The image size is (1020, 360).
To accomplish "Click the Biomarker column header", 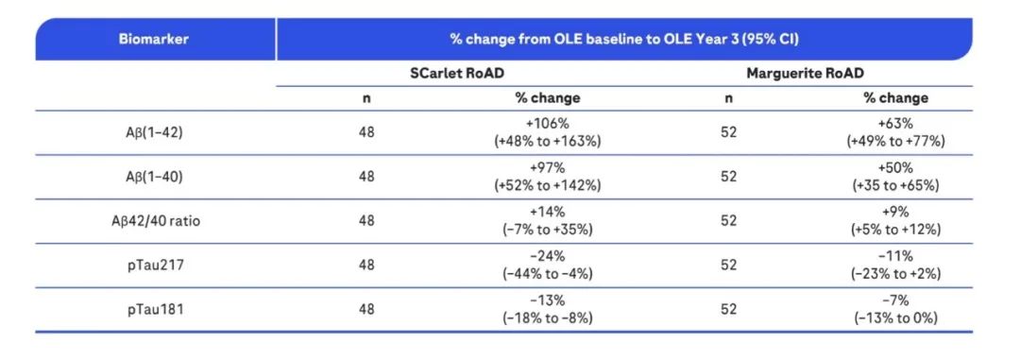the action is [x=154, y=39].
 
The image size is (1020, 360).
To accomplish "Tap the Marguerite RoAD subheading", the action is [x=806, y=74].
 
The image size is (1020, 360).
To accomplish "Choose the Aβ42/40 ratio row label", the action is [x=156, y=221].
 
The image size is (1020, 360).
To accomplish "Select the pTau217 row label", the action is [x=156, y=265].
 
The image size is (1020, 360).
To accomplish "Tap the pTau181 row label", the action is [x=156, y=309].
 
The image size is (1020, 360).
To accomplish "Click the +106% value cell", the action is [x=547, y=124].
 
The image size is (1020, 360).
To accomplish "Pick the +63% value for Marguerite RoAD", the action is [x=895, y=124].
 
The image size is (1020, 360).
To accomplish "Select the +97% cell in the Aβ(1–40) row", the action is [x=547, y=168].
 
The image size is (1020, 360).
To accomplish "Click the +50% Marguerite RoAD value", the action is [x=895, y=168].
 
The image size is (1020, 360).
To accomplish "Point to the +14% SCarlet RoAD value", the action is [x=547, y=213].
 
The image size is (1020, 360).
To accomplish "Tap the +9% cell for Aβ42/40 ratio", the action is [x=895, y=213].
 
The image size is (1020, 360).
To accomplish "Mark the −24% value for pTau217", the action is [x=547, y=256].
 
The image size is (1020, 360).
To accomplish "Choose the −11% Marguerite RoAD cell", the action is [x=895, y=256].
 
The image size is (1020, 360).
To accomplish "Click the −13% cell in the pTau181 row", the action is [x=547, y=300].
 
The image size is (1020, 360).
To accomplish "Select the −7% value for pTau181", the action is [x=895, y=300].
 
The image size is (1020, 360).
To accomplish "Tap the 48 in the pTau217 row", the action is [x=366, y=265].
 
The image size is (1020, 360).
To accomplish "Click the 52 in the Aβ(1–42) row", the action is [x=728, y=132].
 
